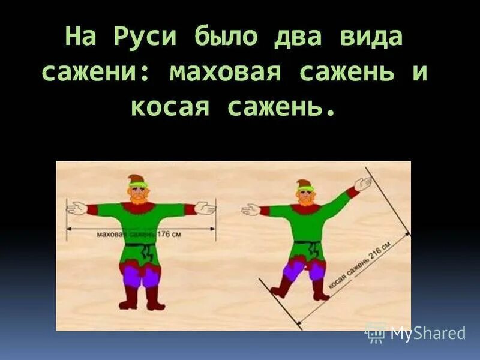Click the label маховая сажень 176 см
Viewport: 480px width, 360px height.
click(139, 235)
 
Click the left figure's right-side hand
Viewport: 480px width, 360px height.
click(205, 209)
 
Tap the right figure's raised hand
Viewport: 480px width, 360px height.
click(362, 184)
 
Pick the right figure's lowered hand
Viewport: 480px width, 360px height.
click(250, 209)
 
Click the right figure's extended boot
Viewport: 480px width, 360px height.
click(280, 290)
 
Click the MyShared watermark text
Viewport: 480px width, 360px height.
click(428, 334)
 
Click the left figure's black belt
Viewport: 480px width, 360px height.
click(139, 245)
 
